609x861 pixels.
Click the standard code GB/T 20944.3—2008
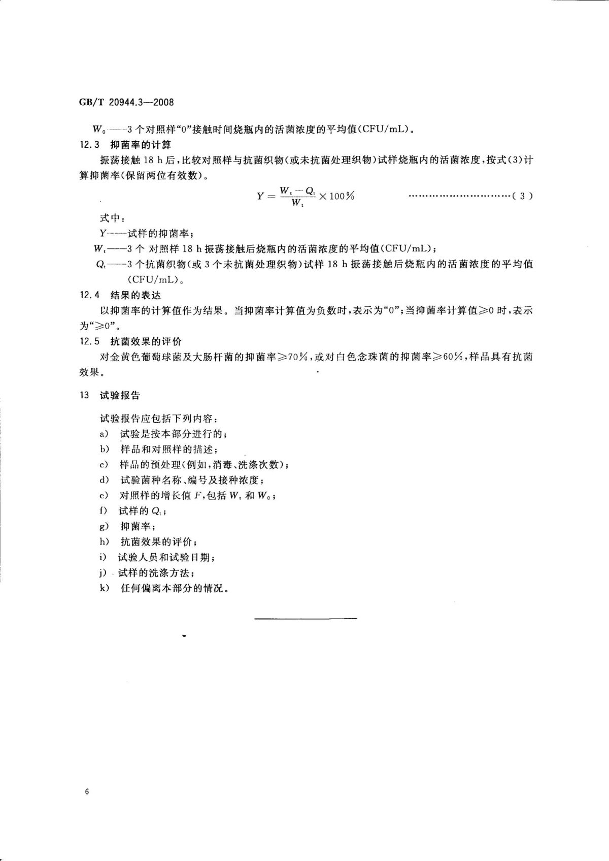[126, 102]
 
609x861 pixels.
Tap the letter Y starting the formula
[260, 196]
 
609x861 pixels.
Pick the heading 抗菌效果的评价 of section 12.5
[146, 341]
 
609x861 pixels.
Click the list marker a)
[104, 434]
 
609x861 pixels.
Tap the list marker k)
[105, 589]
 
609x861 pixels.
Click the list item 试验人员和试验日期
[166, 558]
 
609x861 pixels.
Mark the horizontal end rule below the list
[306, 618]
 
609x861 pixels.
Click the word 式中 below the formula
[109, 218]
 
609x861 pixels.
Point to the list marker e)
[104, 496]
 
